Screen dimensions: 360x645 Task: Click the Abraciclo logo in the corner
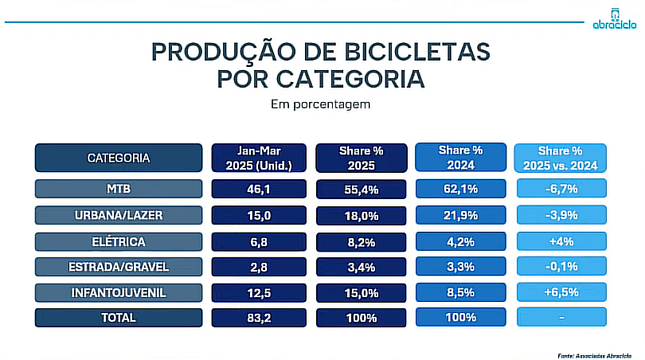pos(614,18)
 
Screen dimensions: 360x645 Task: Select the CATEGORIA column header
pos(118,158)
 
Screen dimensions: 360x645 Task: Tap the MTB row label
pos(118,189)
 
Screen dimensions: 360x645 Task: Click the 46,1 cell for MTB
pos(259,189)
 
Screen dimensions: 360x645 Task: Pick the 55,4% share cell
pos(362,189)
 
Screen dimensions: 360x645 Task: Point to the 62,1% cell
pos(461,189)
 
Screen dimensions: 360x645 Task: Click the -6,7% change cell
pos(560,189)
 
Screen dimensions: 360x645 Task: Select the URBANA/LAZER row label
pos(118,215)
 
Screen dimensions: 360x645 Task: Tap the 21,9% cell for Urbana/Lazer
pos(461,215)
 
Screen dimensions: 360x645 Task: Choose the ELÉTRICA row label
pos(118,241)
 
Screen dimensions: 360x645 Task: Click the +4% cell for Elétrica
pos(560,241)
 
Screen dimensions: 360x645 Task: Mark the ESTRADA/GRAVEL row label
pos(118,266)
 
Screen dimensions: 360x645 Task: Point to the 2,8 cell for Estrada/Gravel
pos(259,266)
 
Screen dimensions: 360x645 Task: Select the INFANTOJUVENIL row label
pos(118,292)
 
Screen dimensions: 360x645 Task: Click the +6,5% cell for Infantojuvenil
pos(560,292)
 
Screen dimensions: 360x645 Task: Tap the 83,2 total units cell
pos(259,317)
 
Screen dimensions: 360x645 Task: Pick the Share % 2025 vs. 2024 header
pos(560,158)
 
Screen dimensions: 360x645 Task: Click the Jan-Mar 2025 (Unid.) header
pos(259,158)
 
